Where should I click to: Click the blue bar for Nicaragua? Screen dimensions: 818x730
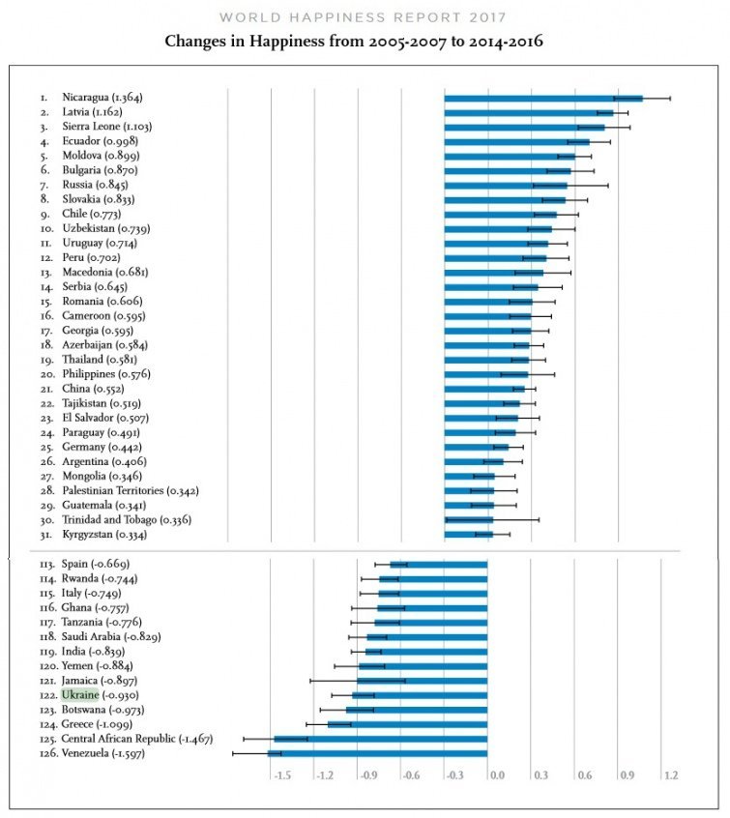[x=543, y=98]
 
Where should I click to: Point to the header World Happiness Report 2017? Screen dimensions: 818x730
[x=364, y=16]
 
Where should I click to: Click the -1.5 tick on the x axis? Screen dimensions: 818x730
[x=282, y=775]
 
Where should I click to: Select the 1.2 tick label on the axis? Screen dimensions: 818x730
[x=670, y=775]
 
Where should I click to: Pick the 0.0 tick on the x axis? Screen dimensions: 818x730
[x=497, y=775]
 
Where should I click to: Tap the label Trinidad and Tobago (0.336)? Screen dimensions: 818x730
[x=127, y=520]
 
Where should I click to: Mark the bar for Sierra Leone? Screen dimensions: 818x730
[x=524, y=127]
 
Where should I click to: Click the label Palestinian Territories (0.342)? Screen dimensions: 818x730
[x=130, y=491]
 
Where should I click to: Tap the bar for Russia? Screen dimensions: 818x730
[x=506, y=185]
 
